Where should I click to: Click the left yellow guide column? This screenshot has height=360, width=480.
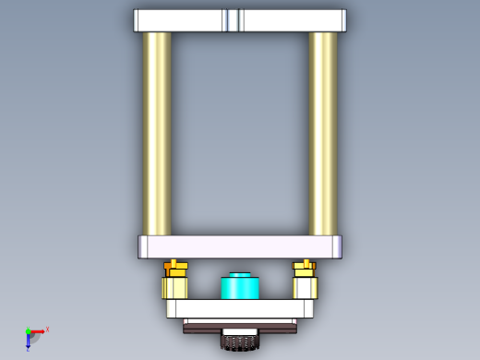(x=157, y=134)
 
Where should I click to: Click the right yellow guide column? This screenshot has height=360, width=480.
(x=323, y=134)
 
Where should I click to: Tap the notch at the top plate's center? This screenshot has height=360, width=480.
(x=232, y=20)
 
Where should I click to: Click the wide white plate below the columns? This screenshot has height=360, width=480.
(x=240, y=246)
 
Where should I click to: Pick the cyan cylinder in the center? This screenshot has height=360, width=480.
(x=240, y=287)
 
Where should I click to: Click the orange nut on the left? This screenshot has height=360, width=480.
(x=175, y=269)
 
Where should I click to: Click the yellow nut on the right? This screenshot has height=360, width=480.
(x=305, y=269)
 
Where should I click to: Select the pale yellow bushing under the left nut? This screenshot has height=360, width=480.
(x=175, y=287)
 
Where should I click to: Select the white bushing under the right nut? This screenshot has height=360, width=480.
(x=306, y=287)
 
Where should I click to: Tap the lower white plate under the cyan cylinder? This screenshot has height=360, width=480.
(x=240, y=308)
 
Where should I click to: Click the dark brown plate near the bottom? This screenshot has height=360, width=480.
(x=240, y=325)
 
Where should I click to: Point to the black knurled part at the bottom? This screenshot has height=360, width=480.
(x=240, y=342)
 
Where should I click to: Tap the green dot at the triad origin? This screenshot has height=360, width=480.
(x=28, y=330)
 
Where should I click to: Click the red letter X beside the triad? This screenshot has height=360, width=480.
(x=47, y=329)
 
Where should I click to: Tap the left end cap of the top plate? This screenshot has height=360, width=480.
(x=137, y=20)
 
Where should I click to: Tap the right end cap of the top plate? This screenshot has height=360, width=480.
(x=342, y=20)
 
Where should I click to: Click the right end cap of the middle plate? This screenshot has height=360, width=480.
(x=337, y=246)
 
